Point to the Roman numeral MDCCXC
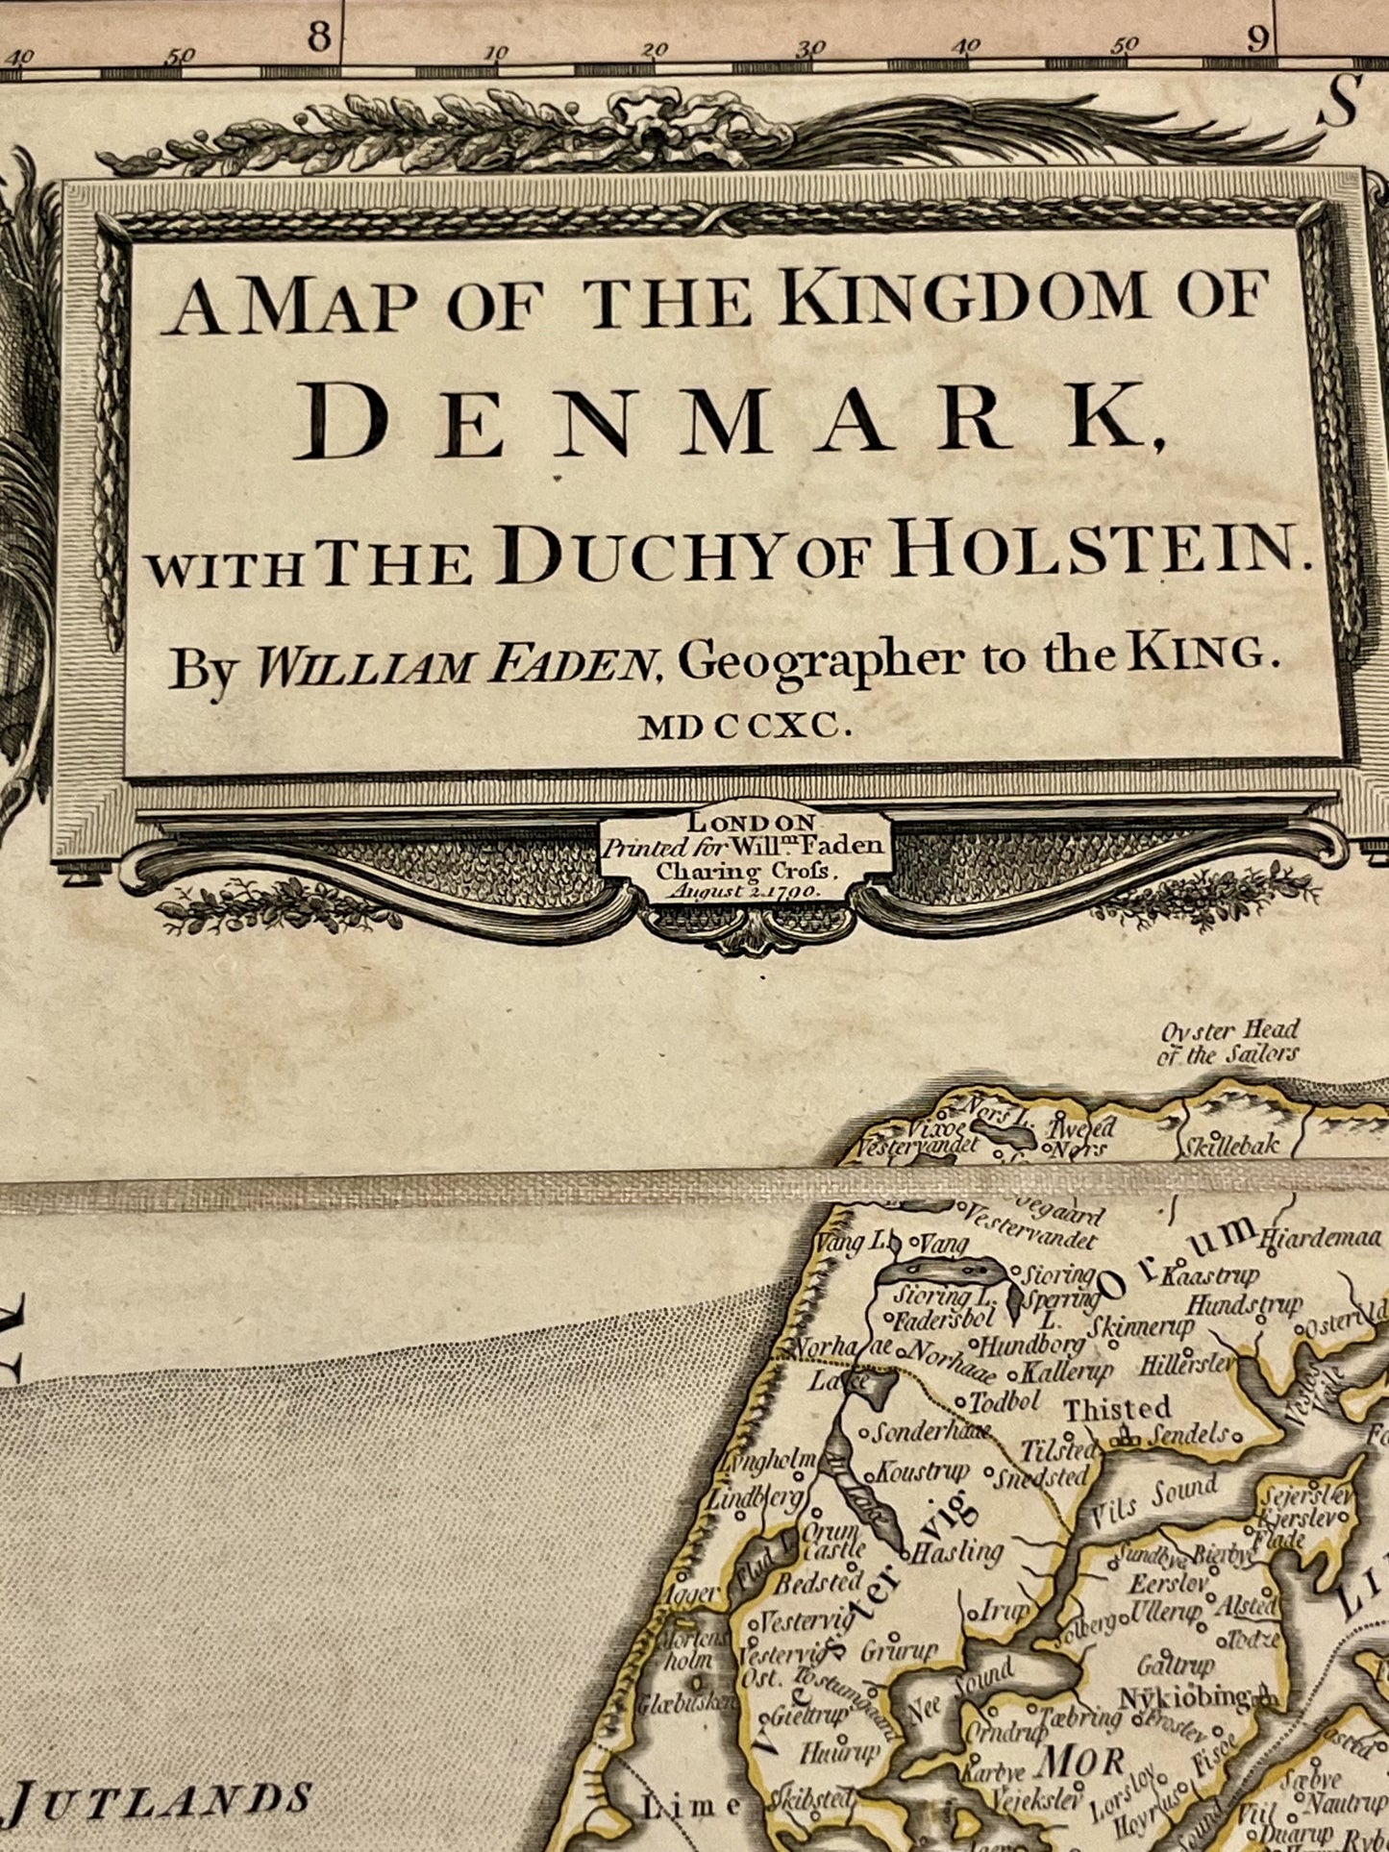point(746,728)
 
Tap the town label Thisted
point(1118,1409)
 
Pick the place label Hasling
point(956,1550)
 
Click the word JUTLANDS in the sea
point(163,1798)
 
